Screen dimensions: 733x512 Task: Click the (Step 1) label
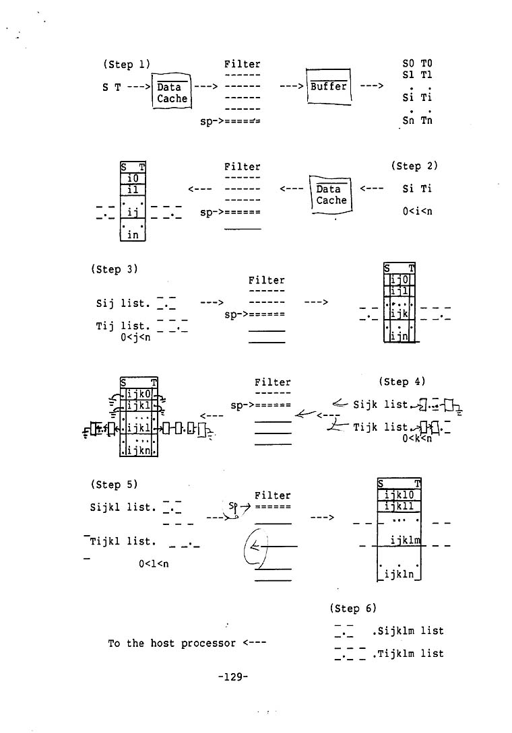(x=126, y=65)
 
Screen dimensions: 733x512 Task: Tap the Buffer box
(x=329, y=87)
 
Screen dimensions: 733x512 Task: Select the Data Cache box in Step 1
(x=172, y=93)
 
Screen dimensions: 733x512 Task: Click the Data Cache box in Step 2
(x=331, y=195)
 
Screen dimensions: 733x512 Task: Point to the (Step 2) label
(x=414, y=166)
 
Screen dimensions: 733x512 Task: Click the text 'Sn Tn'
(x=417, y=121)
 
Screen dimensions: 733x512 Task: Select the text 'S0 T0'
(x=417, y=64)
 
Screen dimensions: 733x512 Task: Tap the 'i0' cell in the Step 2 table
(x=133, y=178)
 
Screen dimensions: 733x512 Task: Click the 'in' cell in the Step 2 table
(x=133, y=234)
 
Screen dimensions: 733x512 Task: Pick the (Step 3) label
(x=114, y=269)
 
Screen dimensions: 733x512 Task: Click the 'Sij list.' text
(x=122, y=304)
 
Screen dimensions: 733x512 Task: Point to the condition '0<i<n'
(x=417, y=211)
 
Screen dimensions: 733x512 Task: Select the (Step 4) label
(x=402, y=382)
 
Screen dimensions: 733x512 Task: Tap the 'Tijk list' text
(x=381, y=427)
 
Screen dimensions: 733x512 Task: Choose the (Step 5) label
(x=114, y=484)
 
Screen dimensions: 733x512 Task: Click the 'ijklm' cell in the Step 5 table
(x=405, y=540)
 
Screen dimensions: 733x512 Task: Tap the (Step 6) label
(x=353, y=608)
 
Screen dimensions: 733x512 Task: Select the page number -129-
(x=232, y=677)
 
